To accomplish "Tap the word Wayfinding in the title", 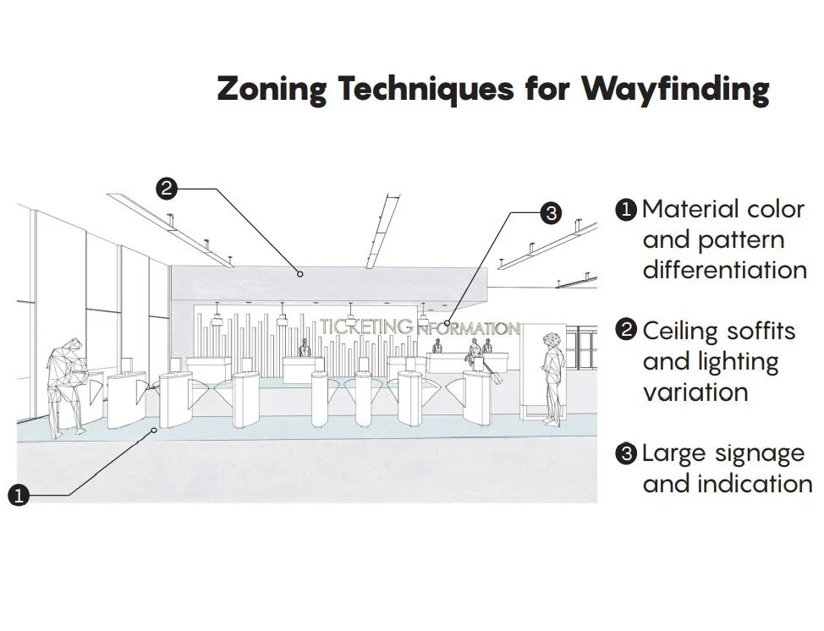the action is coord(674,89).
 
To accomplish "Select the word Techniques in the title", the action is coord(425,89).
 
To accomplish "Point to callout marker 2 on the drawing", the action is coord(167,189).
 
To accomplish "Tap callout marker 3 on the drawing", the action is coord(551,213).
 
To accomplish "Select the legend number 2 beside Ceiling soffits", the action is coord(626,330).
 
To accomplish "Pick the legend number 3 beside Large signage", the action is coord(626,454).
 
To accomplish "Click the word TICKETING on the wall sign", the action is coord(366,326).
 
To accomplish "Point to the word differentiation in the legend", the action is coord(724,270).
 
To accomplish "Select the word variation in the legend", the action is coord(695,392).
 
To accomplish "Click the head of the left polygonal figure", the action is coord(74,348).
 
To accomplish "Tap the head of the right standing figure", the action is coord(553,339).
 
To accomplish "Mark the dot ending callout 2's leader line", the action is coord(299,273).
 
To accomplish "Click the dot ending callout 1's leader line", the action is coord(153,431).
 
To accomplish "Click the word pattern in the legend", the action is coord(742,240).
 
